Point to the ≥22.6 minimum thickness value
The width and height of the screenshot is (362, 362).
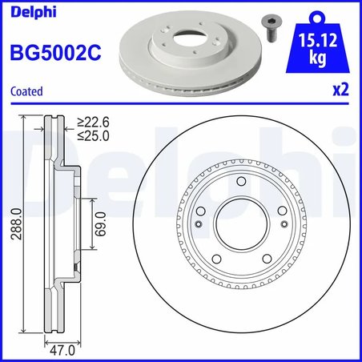click(93, 122)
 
